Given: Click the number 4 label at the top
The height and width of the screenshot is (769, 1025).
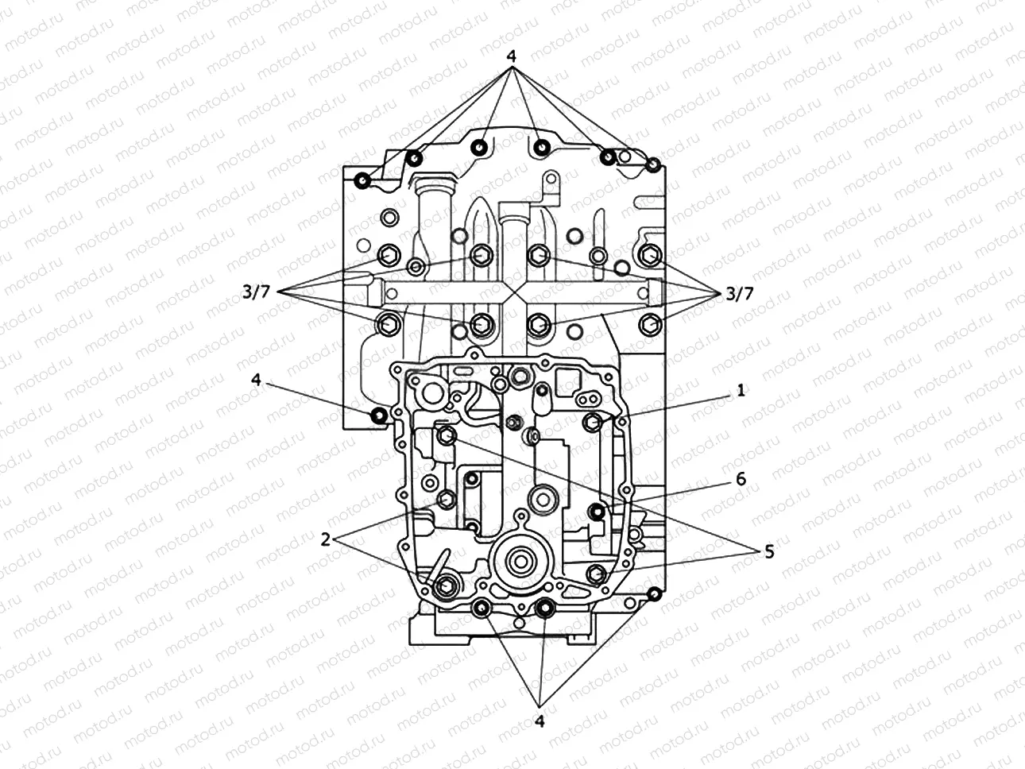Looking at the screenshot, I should [512, 57].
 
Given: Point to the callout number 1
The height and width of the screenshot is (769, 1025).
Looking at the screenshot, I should [740, 391].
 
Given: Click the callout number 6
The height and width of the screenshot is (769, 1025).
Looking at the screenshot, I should [741, 479].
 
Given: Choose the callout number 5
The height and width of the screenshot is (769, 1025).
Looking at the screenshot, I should [768, 551].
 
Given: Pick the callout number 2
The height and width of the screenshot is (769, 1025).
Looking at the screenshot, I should [325, 539].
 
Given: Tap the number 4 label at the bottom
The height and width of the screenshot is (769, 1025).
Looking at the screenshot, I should [540, 721].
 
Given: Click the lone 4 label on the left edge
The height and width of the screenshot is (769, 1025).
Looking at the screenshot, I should [256, 380].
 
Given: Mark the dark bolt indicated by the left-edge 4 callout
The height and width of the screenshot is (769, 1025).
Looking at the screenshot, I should [379, 415].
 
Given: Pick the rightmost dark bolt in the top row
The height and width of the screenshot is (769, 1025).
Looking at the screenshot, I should [653, 165].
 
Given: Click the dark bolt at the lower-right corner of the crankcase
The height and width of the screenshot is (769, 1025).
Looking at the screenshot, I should [654, 594].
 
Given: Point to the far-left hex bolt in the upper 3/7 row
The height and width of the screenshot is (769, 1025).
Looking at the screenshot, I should [389, 255].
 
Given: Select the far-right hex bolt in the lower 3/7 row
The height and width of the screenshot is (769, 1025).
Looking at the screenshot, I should [649, 323].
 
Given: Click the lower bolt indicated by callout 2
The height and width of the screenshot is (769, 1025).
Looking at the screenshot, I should [444, 585].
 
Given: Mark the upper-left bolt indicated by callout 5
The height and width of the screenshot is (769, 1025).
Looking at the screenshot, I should [446, 435].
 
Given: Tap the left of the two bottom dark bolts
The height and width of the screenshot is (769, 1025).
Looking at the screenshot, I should [481, 609].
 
